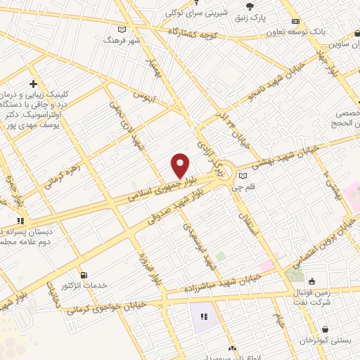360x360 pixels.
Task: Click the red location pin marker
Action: click(x=180, y=165)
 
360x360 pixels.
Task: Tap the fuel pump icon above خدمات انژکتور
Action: click(x=84, y=274)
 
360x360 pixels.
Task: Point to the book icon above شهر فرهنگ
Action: click(x=123, y=30)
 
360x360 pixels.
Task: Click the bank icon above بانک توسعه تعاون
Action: click(x=296, y=20)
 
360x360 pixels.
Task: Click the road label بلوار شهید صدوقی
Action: click(x=179, y=209)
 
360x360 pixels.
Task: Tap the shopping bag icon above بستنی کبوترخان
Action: click(x=324, y=328)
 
